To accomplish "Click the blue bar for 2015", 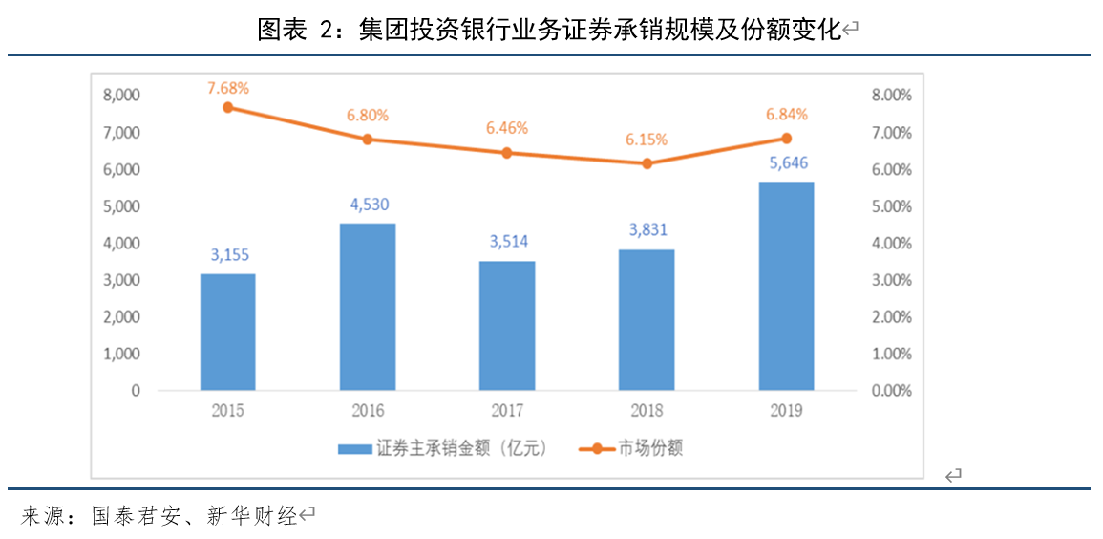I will (227, 332).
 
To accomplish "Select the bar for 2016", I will (368, 307).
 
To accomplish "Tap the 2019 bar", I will (786, 286).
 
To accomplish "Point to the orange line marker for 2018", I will (647, 163).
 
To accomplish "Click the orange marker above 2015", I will (228, 107).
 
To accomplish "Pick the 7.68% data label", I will (228, 88).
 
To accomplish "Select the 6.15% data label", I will (647, 140).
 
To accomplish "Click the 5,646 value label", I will (786, 163).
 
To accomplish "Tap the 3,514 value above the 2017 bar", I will (507, 242).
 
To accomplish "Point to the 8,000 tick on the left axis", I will (121, 96).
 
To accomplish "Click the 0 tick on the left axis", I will (136, 391).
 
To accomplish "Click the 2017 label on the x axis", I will (507, 411).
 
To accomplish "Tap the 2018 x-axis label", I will (647, 411).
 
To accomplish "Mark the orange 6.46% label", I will (507, 127).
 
